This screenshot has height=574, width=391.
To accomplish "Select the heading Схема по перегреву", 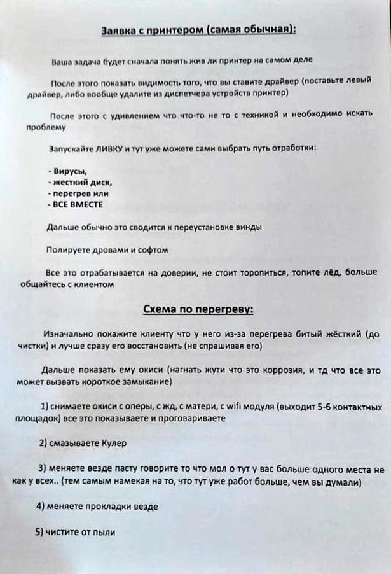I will [198, 309].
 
